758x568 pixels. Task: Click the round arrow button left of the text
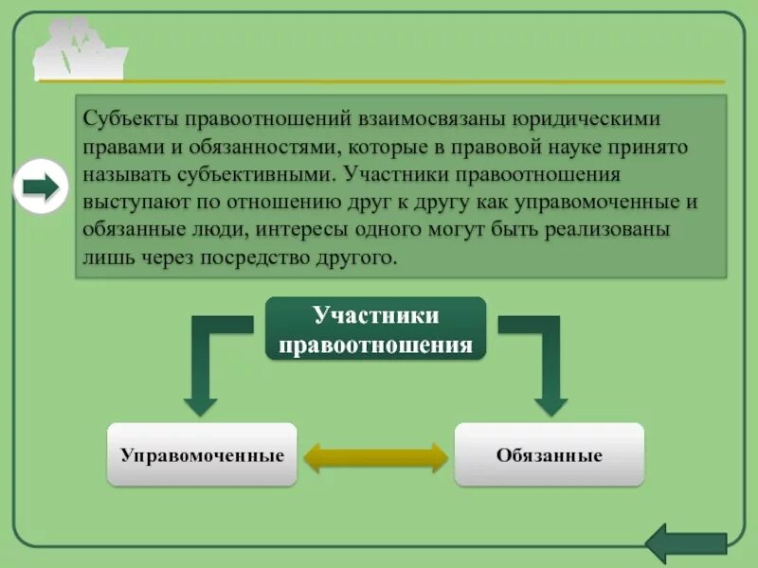tap(41, 186)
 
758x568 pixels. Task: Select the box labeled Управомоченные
tap(203, 455)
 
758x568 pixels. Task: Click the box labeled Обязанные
tap(550, 455)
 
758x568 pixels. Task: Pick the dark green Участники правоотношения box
tap(376, 328)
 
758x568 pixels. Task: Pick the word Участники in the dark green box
tap(376, 316)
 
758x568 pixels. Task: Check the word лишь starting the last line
tap(104, 257)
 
